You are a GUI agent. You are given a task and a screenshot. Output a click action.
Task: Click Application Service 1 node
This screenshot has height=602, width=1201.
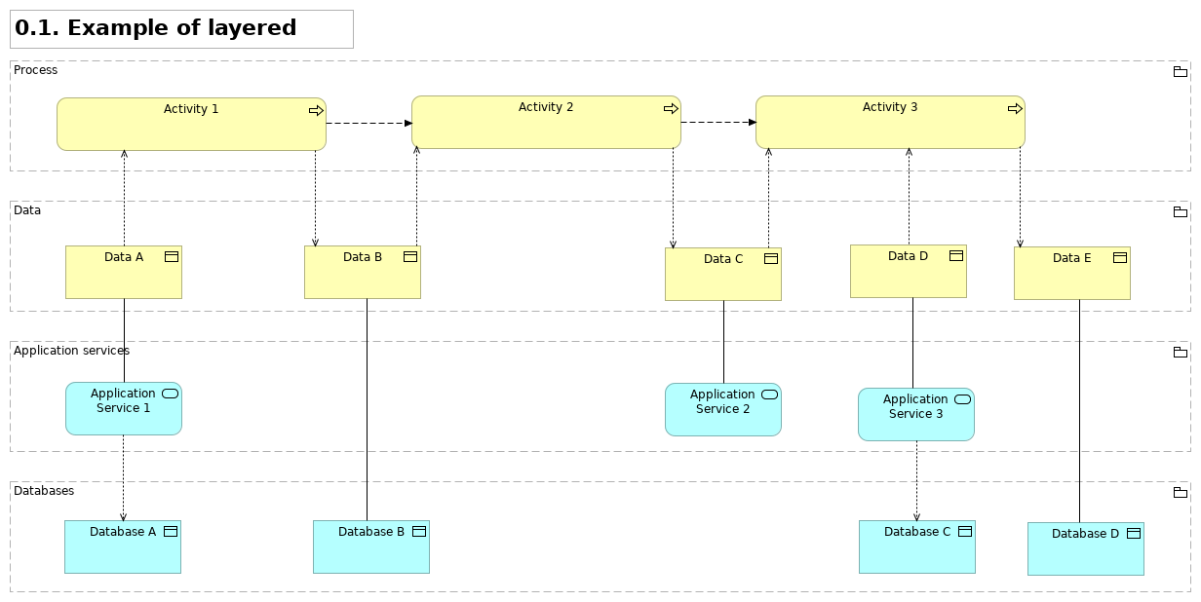[124, 409]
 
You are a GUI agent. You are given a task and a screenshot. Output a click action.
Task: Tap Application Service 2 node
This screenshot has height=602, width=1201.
[723, 410]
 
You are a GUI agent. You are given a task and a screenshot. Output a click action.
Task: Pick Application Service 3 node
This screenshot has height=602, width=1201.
[916, 415]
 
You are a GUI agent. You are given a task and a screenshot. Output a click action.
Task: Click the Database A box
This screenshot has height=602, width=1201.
[123, 547]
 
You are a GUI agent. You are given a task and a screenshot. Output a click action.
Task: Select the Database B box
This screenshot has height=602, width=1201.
[371, 547]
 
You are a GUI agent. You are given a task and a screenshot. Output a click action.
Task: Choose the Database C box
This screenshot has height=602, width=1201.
[917, 547]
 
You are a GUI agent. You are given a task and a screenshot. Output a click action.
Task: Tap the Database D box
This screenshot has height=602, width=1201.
[1086, 549]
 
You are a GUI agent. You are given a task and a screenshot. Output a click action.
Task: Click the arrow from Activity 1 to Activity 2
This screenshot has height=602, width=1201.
[368, 124]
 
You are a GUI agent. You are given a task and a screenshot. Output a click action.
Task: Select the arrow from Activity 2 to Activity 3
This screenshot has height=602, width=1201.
[718, 123]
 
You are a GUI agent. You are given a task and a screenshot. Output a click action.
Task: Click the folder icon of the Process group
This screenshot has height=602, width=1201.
[1180, 72]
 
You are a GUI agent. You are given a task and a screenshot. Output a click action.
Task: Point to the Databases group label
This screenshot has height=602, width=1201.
[44, 491]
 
